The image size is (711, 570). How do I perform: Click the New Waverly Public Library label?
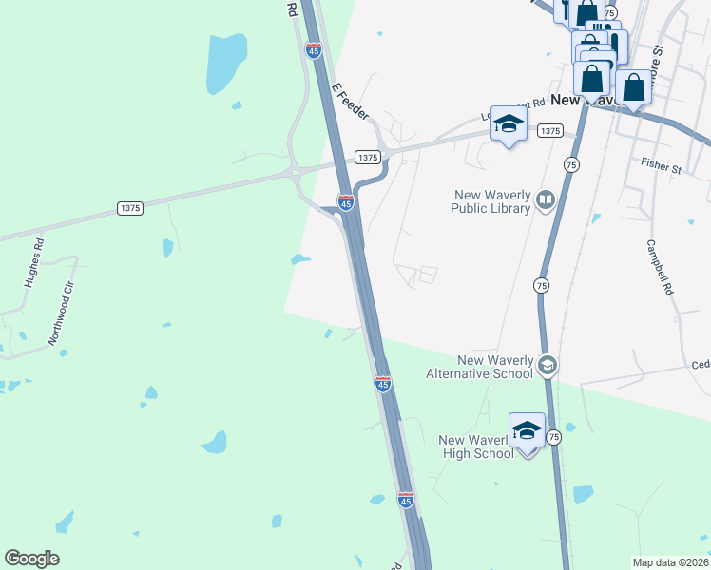pyautogui.click(x=490, y=201)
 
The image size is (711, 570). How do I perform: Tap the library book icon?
pyautogui.click(x=546, y=199)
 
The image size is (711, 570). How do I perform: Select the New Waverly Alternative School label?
pyautogui.click(x=494, y=367)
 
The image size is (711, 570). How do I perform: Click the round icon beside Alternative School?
pyautogui.click(x=547, y=365)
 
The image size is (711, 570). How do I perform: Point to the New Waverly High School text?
pyautogui.click(x=477, y=446)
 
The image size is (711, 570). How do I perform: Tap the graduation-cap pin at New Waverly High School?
pyautogui.click(x=528, y=432)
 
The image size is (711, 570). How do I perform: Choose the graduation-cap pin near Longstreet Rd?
pyautogui.click(x=509, y=124)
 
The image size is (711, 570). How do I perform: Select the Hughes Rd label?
pyautogui.click(x=38, y=256)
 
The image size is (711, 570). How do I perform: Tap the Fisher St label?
pyautogui.click(x=662, y=167)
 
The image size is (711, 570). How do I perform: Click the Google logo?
pyautogui.click(x=31, y=559)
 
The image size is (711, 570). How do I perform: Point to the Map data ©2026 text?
pyautogui.click(x=670, y=562)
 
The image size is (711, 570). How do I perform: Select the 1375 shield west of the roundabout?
pyautogui.click(x=131, y=207)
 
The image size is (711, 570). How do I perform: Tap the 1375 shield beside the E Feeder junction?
pyautogui.click(x=368, y=157)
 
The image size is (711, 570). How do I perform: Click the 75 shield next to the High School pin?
pyautogui.click(x=554, y=437)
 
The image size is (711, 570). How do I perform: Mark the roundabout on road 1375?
pyautogui.click(x=297, y=172)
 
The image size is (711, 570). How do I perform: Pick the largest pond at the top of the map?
pyautogui.click(x=225, y=63)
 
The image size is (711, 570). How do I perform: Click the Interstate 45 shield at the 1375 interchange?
pyautogui.click(x=346, y=203)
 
